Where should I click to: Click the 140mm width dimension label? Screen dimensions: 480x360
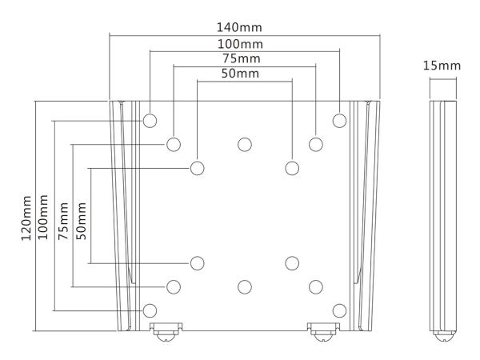[x=239, y=27]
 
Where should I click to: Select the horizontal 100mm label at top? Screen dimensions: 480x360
[x=240, y=44]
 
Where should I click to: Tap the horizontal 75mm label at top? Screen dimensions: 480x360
[x=242, y=58]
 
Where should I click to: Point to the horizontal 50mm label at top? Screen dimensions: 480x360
[x=240, y=74]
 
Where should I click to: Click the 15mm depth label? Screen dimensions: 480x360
[x=442, y=66]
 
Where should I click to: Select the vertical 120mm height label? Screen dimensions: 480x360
[x=26, y=218]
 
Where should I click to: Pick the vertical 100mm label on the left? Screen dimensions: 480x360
[x=42, y=217]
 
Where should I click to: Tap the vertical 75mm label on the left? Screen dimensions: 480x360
[x=63, y=221]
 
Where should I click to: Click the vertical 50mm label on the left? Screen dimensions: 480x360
[x=81, y=221]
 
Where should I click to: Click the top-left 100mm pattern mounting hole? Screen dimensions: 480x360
[x=150, y=121]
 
